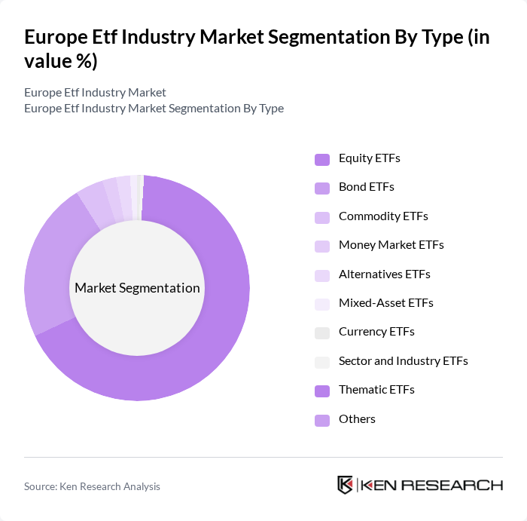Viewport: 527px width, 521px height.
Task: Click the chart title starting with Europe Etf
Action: click(x=256, y=49)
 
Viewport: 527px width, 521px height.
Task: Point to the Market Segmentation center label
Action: click(x=137, y=288)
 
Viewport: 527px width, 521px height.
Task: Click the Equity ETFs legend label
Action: click(x=369, y=158)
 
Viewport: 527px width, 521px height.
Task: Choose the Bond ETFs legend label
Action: click(x=366, y=187)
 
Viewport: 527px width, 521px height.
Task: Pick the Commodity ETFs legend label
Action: click(x=383, y=216)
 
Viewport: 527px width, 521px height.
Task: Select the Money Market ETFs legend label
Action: click(x=391, y=245)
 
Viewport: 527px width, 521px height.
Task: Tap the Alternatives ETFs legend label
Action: click(x=384, y=274)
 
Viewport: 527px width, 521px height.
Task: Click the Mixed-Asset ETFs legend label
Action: click(x=385, y=303)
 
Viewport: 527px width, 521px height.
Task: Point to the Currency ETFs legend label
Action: click(x=376, y=332)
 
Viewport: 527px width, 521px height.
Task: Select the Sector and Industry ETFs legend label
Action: click(x=403, y=361)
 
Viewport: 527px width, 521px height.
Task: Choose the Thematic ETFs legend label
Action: click(x=376, y=390)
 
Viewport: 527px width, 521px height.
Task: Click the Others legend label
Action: click(x=357, y=419)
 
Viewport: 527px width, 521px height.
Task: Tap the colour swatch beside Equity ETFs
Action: click(x=322, y=159)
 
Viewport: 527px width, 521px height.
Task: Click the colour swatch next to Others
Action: click(x=322, y=420)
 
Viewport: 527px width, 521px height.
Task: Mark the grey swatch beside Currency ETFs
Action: click(x=322, y=333)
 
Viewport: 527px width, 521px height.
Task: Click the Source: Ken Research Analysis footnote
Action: click(x=92, y=487)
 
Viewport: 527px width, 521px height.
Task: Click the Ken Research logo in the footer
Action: click(x=420, y=485)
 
